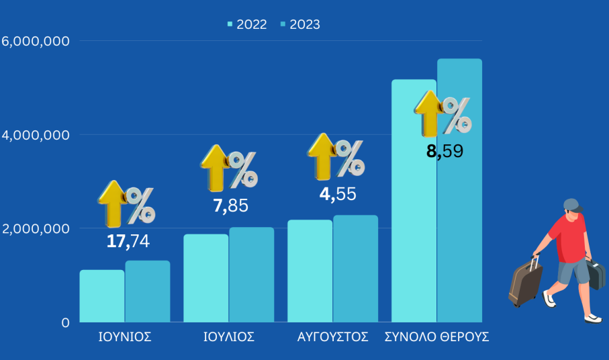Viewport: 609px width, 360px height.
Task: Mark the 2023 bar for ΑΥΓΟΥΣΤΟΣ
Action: point(355,268)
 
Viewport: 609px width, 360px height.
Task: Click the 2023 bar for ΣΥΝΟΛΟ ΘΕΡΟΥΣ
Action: point(459,201)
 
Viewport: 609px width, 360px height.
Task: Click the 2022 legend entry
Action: point(247,25)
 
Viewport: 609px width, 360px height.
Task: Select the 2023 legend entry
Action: point(300,25)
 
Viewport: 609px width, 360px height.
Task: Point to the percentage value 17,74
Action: point(128,242)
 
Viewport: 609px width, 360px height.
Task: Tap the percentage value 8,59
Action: point(444,151)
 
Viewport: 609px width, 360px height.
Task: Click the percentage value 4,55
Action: point(337,195)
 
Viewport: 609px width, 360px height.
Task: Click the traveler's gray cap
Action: point(571,204)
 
